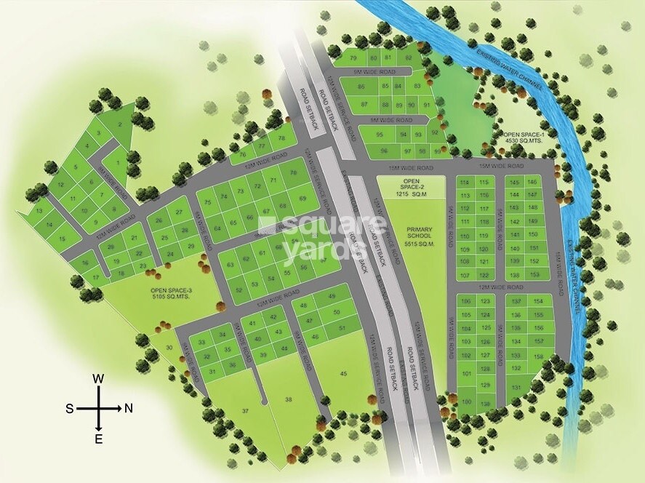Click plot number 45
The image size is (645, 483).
pyautogui.click(x=342, y=374)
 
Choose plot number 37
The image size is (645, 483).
pyautogui.click(x=245, y=411)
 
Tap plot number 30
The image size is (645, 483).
pyautogui.click(x=169, y=348)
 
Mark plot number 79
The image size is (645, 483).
pyautogui.click(x=353, y=57)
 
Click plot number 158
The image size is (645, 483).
pyautogui.click(x=538, y=356)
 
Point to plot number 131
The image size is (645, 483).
pyautogui.click(x=516, y=387)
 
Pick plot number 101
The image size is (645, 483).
pyautogui.click(x=465, y=373)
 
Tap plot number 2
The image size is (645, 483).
pyautogui.click(x=120, y=126)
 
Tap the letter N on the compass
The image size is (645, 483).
pyautogui.click(x=129, y=408)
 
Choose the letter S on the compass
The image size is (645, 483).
pyautogui.click(x=70, y=408)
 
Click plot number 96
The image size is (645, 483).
pyautogui.click(x=379, y=151)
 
